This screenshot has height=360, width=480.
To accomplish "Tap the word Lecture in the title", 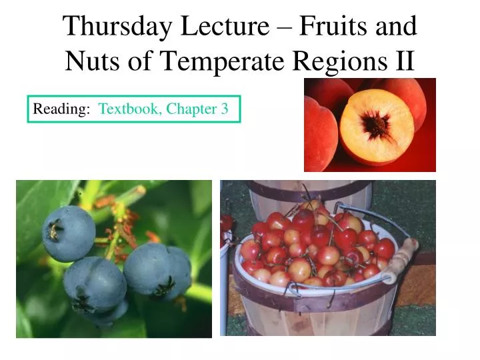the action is click(225, 26).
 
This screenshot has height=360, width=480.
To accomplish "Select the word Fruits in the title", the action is click(333, 26).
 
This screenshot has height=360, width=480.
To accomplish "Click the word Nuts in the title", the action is click(93, 61).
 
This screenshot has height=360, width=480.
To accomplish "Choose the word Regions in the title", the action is click(340, 62).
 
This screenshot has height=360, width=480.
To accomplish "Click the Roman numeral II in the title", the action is click(405, 61).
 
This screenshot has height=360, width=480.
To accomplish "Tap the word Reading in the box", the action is click(61, 109).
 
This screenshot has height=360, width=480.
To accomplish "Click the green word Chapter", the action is click(191, 109).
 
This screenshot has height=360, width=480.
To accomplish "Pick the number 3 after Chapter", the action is click(225, 109).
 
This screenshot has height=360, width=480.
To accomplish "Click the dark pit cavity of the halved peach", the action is click(376, 125).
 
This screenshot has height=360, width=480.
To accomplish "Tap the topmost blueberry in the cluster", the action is click(69, 233).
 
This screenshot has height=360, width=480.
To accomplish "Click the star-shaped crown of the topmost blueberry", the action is click(55, 230).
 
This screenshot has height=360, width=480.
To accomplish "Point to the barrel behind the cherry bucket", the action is click(310, 196).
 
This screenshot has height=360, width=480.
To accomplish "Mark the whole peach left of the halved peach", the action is click(321, 134).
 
